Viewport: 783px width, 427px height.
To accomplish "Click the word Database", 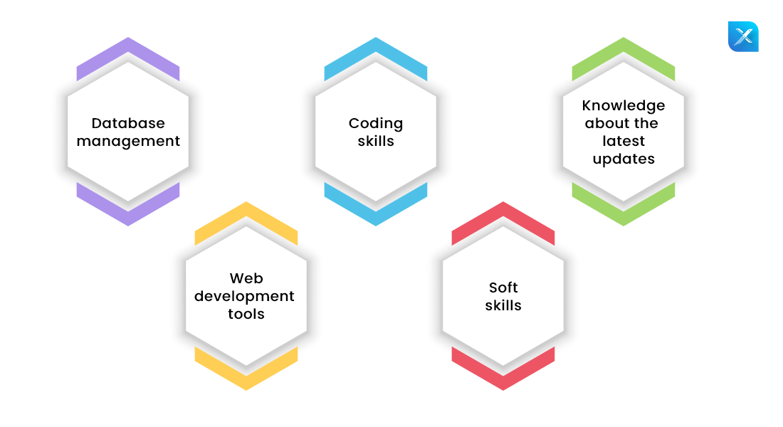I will click(128, 124).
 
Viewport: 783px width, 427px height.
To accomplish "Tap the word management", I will click(128, 142).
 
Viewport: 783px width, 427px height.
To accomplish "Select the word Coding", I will click(376, 124).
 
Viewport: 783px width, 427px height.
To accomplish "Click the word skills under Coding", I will click(376, 141).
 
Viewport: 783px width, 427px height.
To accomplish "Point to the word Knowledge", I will click(624, 106).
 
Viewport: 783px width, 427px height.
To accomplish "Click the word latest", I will click(624, 141).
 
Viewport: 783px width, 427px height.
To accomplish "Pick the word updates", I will click(624, 159).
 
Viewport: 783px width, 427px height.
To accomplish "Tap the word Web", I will click(246, 278).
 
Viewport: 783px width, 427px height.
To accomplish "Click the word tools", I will click(246, 314).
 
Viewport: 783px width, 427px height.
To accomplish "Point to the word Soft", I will click(503, 288).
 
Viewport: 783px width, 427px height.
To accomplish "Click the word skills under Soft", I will click(503, 305).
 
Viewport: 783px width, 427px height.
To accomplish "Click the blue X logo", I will click(743, 36).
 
